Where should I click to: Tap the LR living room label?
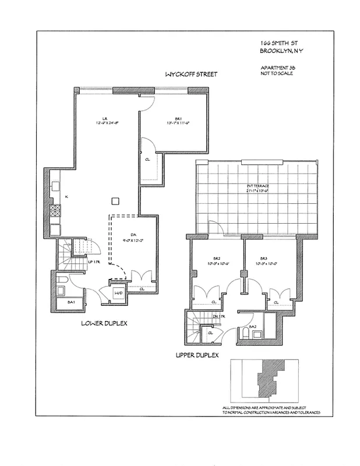[x=104, y=119]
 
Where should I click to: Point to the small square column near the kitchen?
[x=115, y=201]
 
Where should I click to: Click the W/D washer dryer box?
[x=119, y=293]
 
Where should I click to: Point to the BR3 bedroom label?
[x=264, y=259]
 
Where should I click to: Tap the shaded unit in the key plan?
[x=270, y=377]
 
